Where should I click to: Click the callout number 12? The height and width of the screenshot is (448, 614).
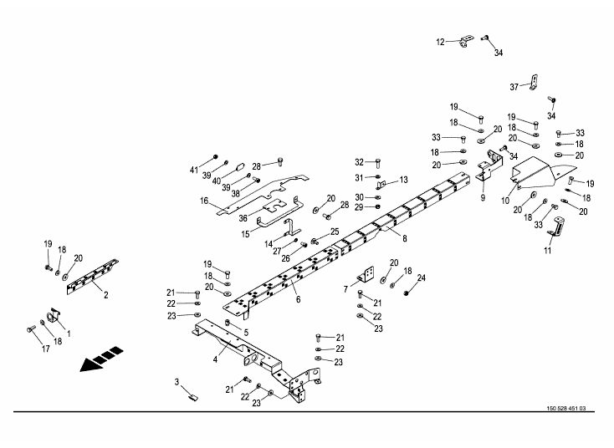point(441,41)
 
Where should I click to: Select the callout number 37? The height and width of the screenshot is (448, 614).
point(515,86)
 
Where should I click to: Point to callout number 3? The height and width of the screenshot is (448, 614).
point(177,382)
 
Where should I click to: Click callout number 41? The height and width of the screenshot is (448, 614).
point(194,171)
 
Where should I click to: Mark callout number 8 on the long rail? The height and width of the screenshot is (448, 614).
point(404,239)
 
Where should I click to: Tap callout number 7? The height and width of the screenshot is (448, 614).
point(345,289)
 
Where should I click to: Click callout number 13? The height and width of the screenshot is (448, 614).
point(403,179)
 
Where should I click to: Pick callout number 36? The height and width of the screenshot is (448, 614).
point(244,217)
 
